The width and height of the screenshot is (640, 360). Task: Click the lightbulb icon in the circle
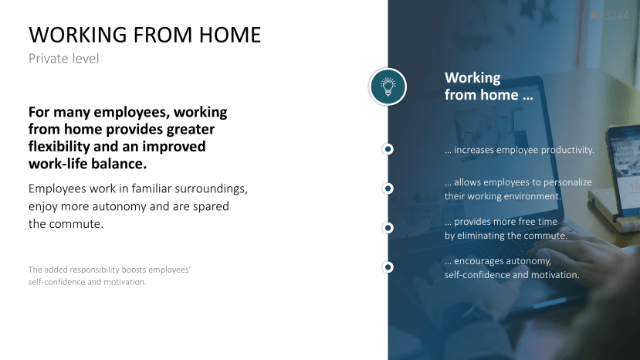[388, 87]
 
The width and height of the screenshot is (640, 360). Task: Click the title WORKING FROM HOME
[145, 35]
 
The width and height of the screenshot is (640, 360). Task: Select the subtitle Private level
[63, 59]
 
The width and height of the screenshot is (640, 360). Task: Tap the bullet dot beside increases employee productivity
[388, 149]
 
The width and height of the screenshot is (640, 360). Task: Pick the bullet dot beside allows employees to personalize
[388, 188]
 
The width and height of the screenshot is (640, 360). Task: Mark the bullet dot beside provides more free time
[388, 228]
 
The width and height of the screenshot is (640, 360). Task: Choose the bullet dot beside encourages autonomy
[388, 267]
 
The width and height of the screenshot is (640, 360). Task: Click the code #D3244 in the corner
[610, 16]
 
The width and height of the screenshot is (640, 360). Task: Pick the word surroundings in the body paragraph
[211, 188]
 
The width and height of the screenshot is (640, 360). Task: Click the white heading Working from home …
[489, 87]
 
